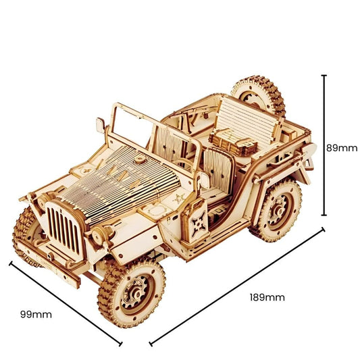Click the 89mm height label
click(341, 148)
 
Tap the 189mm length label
click(267, 297)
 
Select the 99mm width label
click(36, 313)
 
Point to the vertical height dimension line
click(324, 145)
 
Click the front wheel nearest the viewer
click(132, 291)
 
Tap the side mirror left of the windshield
click(101, 125)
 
